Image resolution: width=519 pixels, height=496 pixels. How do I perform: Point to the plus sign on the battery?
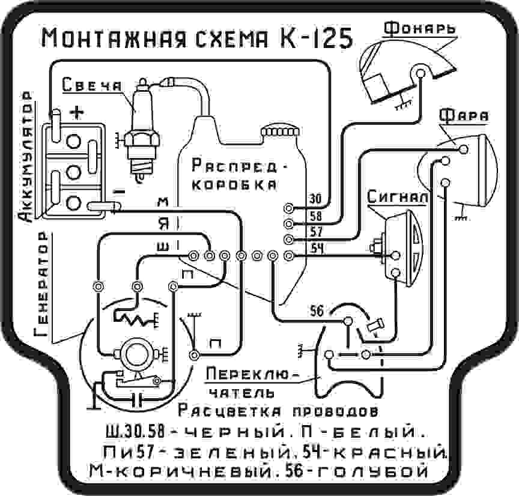[77, 112]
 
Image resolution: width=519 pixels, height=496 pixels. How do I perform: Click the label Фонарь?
[419, 28]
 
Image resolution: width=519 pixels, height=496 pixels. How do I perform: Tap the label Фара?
[463, 115]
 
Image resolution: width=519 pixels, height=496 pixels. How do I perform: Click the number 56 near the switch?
[317, 311]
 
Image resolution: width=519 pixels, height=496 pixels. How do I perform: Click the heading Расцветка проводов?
[278, 412]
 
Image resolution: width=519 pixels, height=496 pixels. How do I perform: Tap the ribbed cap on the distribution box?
[280, 132]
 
